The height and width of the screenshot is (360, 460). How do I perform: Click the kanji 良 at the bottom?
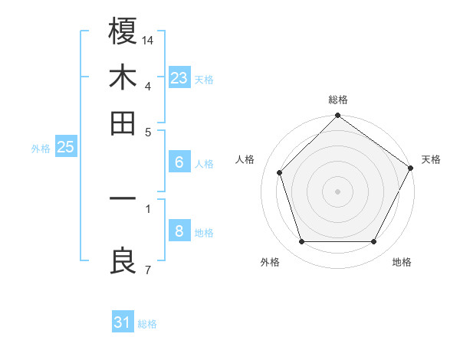point(123,262)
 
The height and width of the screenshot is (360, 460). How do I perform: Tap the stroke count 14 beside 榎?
point(149,39)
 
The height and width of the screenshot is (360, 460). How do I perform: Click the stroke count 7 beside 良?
point(147,270)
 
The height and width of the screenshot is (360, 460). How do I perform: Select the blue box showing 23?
point(179,78)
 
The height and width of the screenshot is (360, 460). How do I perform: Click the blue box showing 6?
point(179,162)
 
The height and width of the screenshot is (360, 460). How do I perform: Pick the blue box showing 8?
point(179,231)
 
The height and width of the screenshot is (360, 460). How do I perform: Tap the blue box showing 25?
point(65,147)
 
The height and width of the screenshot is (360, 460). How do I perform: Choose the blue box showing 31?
point(123,322)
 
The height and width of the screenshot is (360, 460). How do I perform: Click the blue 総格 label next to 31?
point(147,324)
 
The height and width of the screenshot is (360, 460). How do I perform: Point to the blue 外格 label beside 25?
point(41,149)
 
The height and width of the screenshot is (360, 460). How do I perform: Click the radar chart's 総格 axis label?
point(338,100)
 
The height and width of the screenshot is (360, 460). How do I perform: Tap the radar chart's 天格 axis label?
point(431,159)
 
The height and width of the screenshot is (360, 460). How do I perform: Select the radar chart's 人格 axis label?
point(245,159)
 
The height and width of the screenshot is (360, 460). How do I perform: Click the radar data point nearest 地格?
point(374,242)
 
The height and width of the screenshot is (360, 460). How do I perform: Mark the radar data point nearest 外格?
point(301,242)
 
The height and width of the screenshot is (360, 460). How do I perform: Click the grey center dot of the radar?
point(338,191)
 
